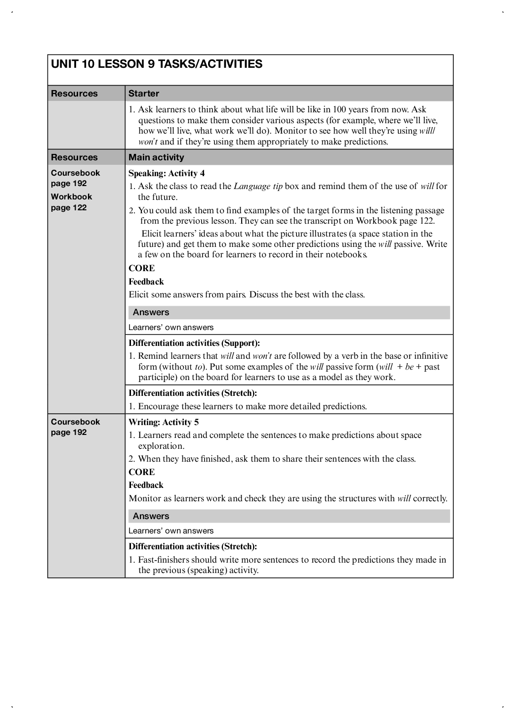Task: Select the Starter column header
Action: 144,94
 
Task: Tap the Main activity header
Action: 156,157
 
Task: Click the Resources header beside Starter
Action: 74,94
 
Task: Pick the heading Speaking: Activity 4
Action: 167,173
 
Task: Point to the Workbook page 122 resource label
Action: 71,202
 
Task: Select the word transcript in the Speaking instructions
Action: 329,221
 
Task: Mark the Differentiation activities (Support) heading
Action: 194,343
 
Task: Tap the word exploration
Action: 161,446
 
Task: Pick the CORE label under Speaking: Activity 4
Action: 142,268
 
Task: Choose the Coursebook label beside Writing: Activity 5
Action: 75,422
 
